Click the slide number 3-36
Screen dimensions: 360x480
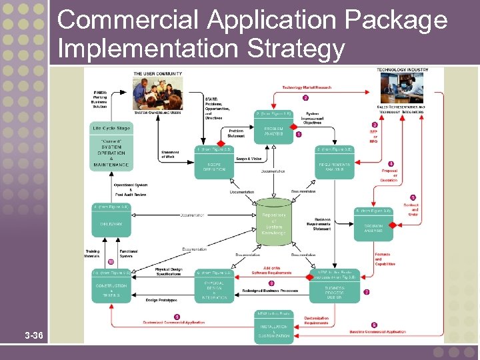coord(33,335)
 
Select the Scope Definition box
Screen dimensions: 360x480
coord(215,166)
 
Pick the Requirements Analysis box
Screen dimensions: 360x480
coord(335,166)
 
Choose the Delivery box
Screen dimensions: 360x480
coord(111,225)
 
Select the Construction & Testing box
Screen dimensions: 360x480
coord(111,288)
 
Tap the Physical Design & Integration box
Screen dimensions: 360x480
coord(215,288)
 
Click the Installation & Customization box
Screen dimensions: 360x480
coord(274,331)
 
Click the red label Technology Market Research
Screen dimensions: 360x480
coord(307,87)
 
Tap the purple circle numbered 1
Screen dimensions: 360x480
coord(299,134)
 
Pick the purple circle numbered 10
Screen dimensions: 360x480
coord(111,261)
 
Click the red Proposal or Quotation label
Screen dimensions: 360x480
coord(390,176)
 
